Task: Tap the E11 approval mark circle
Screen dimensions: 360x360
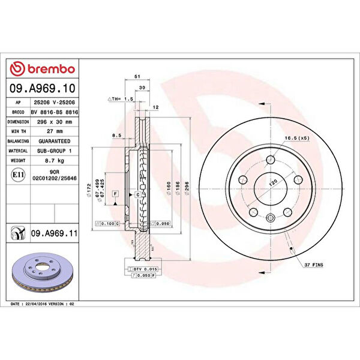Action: (x=17, y=175)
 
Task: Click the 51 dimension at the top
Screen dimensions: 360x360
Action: (x=137, y=77)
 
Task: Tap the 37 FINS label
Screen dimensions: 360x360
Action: (x=313, y=265)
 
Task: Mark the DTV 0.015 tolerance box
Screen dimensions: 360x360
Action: (x=145, y=270)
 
